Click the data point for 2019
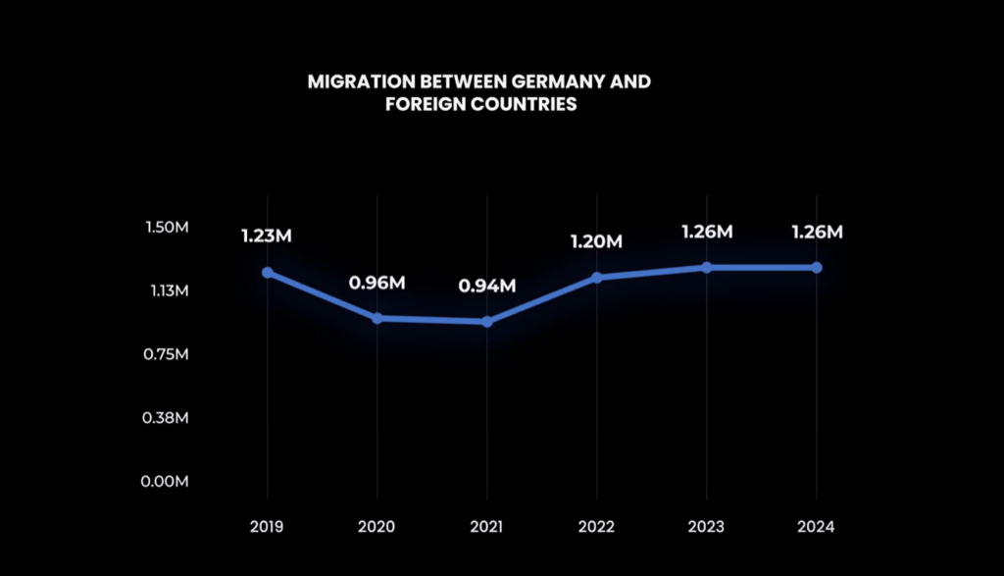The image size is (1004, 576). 267,273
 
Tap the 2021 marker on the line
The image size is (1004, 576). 487,322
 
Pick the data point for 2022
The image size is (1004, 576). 597,278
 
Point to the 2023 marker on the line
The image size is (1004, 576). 707,267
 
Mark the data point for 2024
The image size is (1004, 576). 817,267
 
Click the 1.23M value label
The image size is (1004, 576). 267,236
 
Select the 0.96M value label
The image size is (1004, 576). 376,284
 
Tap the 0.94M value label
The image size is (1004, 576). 487,287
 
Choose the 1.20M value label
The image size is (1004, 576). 597,241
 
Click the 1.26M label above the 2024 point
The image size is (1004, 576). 817,233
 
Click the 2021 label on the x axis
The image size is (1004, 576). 487,527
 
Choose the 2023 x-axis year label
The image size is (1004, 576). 707,527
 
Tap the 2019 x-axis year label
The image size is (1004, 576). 267,527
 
